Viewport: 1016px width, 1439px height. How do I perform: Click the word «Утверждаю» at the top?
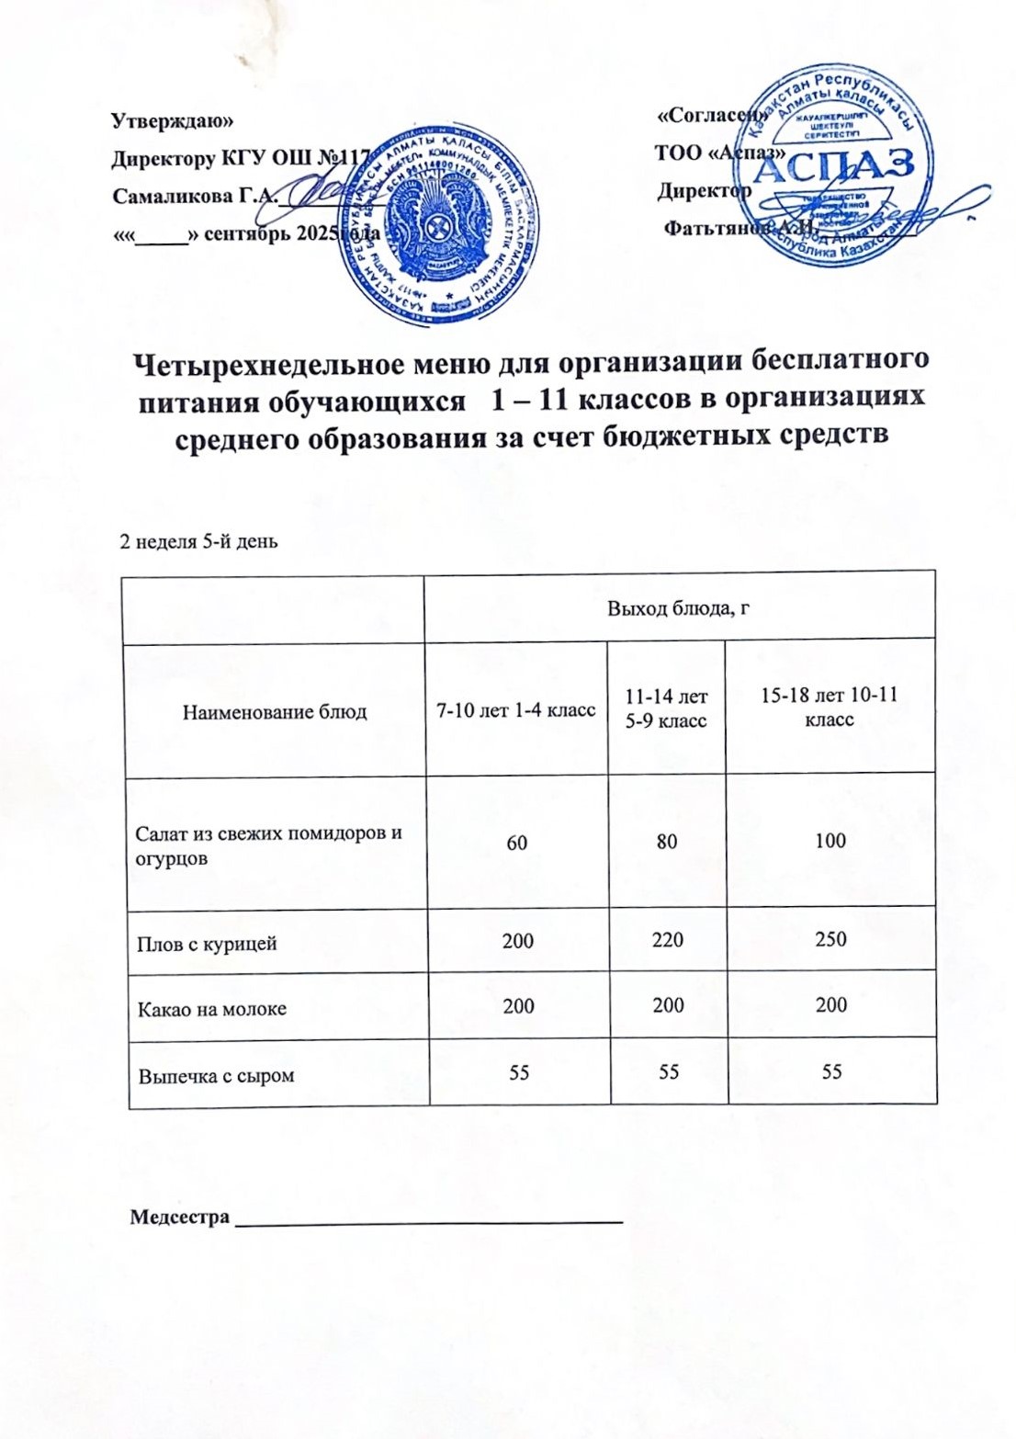coord(172,120)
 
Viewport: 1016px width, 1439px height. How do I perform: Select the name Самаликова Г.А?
coord(194,196)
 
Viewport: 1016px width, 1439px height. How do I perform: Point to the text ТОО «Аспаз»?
coord(719,153)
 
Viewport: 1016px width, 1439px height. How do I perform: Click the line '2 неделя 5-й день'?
coord(199,541)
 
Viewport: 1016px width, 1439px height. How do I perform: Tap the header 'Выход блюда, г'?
coord(679,607)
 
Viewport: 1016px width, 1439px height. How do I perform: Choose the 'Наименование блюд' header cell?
coord(275,711)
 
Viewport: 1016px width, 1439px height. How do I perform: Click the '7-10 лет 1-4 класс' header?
coord(515,709)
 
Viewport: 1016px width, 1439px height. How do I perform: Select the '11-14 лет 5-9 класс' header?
coord(666,709)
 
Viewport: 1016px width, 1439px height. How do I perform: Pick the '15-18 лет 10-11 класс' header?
coord(830,708)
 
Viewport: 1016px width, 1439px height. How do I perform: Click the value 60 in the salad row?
coord(517,842)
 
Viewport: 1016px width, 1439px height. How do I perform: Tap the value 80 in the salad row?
coord(667,841)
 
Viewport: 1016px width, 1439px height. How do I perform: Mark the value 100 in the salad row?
coord(830,840)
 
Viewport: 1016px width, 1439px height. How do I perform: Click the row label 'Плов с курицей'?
coord(207,944)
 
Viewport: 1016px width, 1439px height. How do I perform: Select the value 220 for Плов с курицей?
coord(668,940)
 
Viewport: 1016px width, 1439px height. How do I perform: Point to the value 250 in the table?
coord(830,939)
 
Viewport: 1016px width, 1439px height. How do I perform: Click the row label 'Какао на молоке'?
coord(212,1009)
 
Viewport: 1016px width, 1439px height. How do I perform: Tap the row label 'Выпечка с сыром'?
coord(217,1075)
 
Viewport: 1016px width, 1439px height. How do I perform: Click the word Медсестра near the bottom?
coord(179,1218)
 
